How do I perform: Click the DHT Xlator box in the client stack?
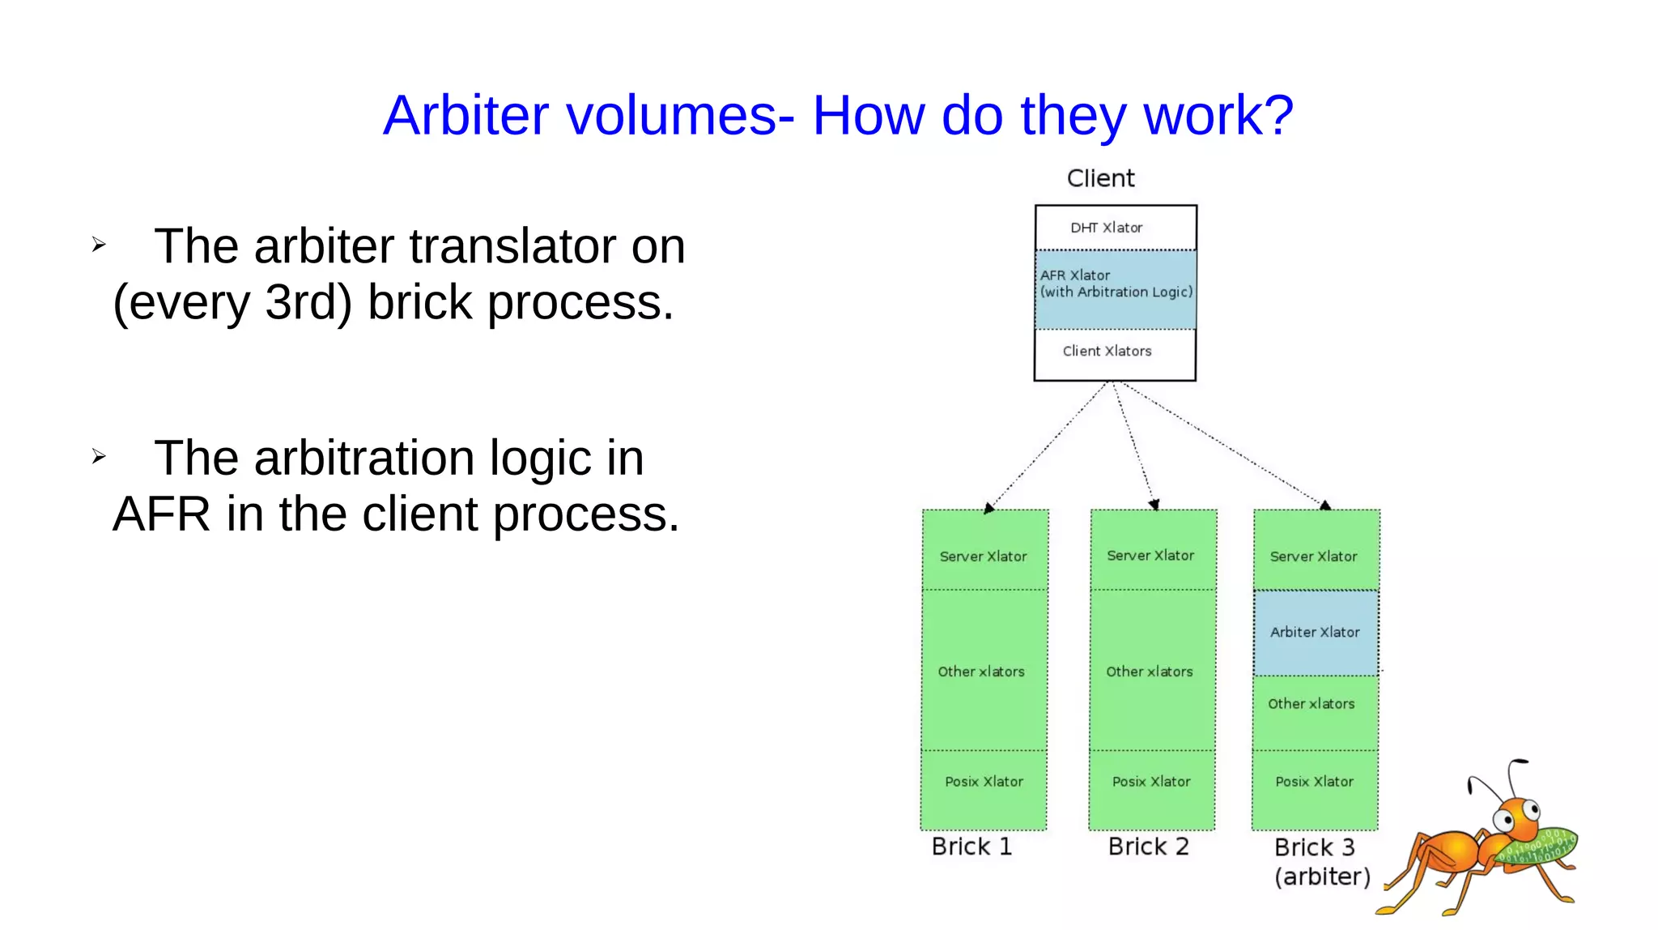point(1116,228)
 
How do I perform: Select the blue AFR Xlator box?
point(1116,289)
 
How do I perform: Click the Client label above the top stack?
point(1100,178)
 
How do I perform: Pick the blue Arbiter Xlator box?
point(1316,633)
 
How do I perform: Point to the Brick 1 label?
point(971,847)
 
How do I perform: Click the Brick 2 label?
point(1148,847)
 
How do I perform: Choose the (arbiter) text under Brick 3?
point(1322,877)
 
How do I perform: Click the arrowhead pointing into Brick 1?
point(988,509)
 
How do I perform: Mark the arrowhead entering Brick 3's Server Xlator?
point(1325,505)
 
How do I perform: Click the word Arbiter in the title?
point(466,115)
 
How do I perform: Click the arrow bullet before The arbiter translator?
point(99,245)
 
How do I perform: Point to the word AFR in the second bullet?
point(162,514)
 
